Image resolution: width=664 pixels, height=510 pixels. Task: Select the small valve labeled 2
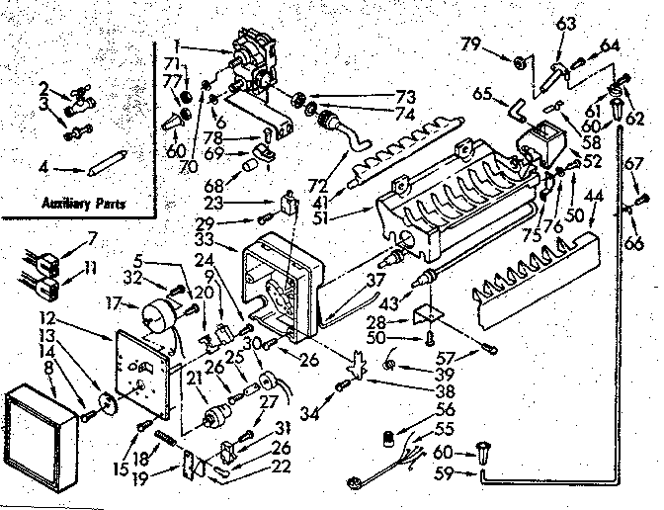pyautogui.click(x=80, y=97)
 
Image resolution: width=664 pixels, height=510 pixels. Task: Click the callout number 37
pyautogui.click(x=375, y=281)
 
